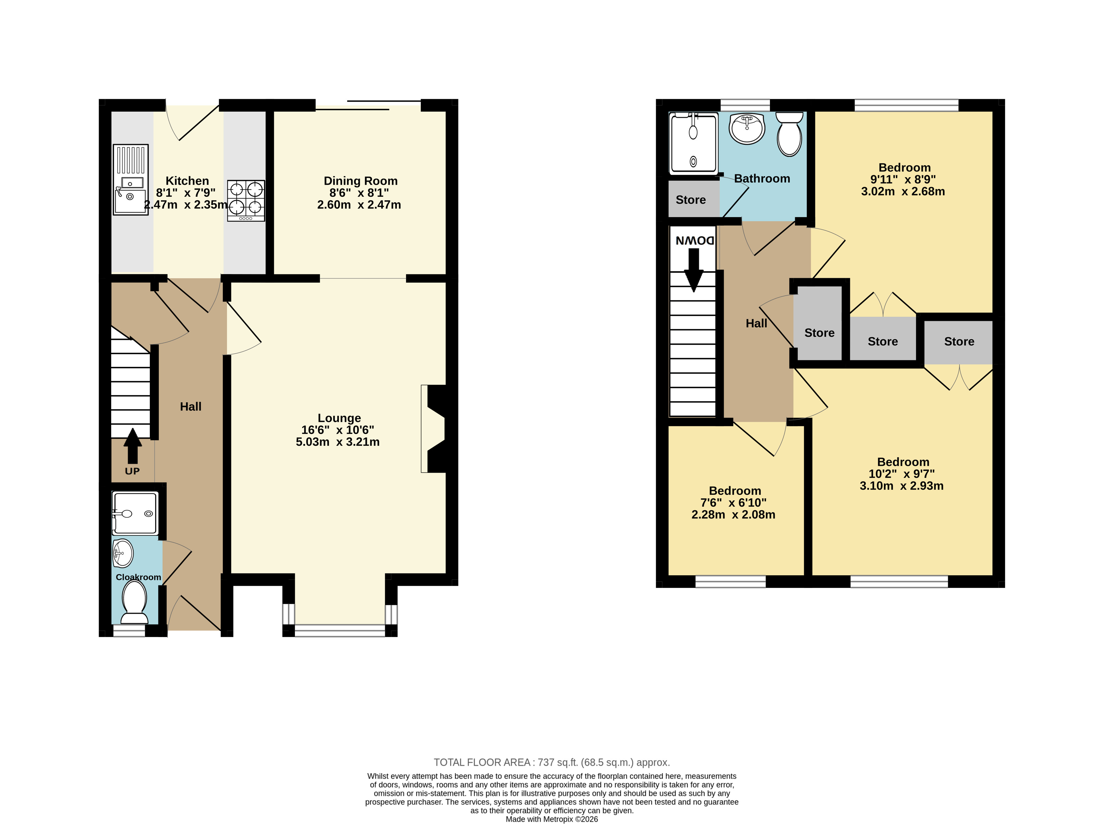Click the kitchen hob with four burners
(246, 200)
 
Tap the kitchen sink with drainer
(131, 180)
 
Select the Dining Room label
(361, 181)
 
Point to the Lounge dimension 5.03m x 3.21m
(338, 442)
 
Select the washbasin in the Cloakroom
(123, 553)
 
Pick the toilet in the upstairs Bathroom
(789, 134)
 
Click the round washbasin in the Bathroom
(747, 128)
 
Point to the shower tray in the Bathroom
(694, 143)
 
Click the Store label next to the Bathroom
(690, 200)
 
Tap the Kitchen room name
(187, 181)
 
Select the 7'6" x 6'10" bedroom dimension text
(733, 503)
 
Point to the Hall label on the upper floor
(756, 323)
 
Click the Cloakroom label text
(138, 577)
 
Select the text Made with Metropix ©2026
(552, 819)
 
